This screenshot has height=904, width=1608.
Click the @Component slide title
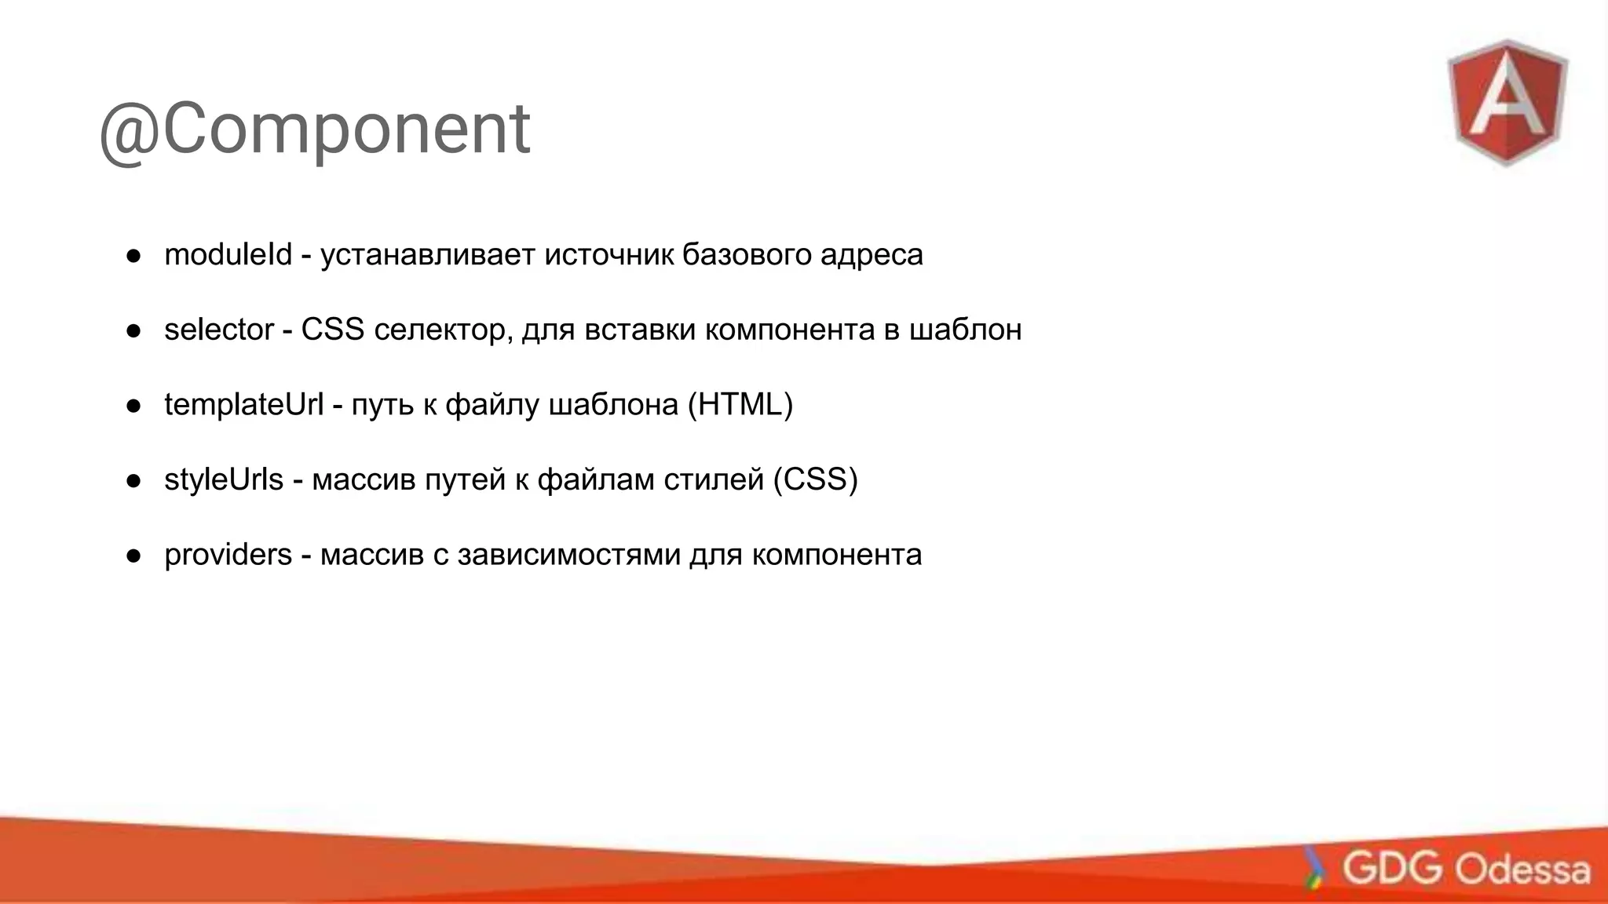click(x=314, y=129)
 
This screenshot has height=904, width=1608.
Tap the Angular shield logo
click(x=1507, y=102)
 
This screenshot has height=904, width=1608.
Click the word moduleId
click(x=228, y=254)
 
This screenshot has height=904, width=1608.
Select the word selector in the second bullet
click(x=218, y=330)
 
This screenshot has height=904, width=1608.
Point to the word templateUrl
click(x=243, y=405)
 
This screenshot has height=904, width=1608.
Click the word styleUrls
click(x=223, y=479)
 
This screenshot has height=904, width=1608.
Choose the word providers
click(x=228, y=555)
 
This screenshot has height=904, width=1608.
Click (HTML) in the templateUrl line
click(x=740, y=405)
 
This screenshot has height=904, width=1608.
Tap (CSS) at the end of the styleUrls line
click(x=815, y=479)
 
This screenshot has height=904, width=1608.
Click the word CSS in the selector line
click(x=332, y=330)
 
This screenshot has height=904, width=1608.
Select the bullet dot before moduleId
click(x=133, y=256)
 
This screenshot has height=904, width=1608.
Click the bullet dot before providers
click(x=133, y=556)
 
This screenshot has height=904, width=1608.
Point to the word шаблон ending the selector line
click(x=965, y=330)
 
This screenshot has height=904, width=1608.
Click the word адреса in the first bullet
click(x=872, y=254)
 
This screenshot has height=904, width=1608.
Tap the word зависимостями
click(x=568, y=555)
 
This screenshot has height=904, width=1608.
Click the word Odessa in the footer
click(x=1522, y=869)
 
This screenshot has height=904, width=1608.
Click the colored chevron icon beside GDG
click(x=1314, y=868)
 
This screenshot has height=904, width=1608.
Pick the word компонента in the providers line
click(x=836, y=555)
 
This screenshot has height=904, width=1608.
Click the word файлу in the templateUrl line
click(x=492, y=405)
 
